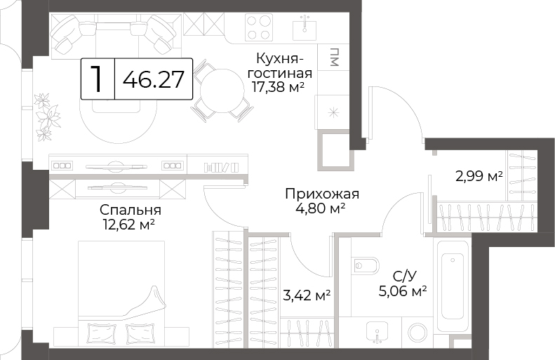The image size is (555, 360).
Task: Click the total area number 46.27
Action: pos(153,79)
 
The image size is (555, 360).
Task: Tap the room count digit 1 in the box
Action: pos(97,79)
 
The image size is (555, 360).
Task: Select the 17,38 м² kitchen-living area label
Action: pos(279,87)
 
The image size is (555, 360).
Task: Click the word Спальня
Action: pos(131,210)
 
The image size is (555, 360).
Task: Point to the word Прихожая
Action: pos(322,194)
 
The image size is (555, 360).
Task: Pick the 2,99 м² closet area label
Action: pos(479,176)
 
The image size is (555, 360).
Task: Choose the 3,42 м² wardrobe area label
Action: pos(307,295)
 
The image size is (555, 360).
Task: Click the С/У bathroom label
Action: pos(404,276)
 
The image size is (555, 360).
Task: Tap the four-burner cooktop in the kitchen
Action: pos(259,27)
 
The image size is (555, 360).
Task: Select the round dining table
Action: pos(222,91)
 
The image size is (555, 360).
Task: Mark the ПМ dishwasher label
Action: pos(334,57)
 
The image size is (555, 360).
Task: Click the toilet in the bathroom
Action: pos(366,265)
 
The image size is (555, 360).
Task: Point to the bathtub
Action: pos(453,286)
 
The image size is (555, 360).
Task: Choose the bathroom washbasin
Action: pos(377,333)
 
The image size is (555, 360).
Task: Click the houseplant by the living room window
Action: pos(47,116)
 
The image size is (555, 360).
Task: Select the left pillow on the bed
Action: pos(101,333)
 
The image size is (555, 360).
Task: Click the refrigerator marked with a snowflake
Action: pos(332,113)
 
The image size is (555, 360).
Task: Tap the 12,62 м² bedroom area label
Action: pos(129,225)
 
